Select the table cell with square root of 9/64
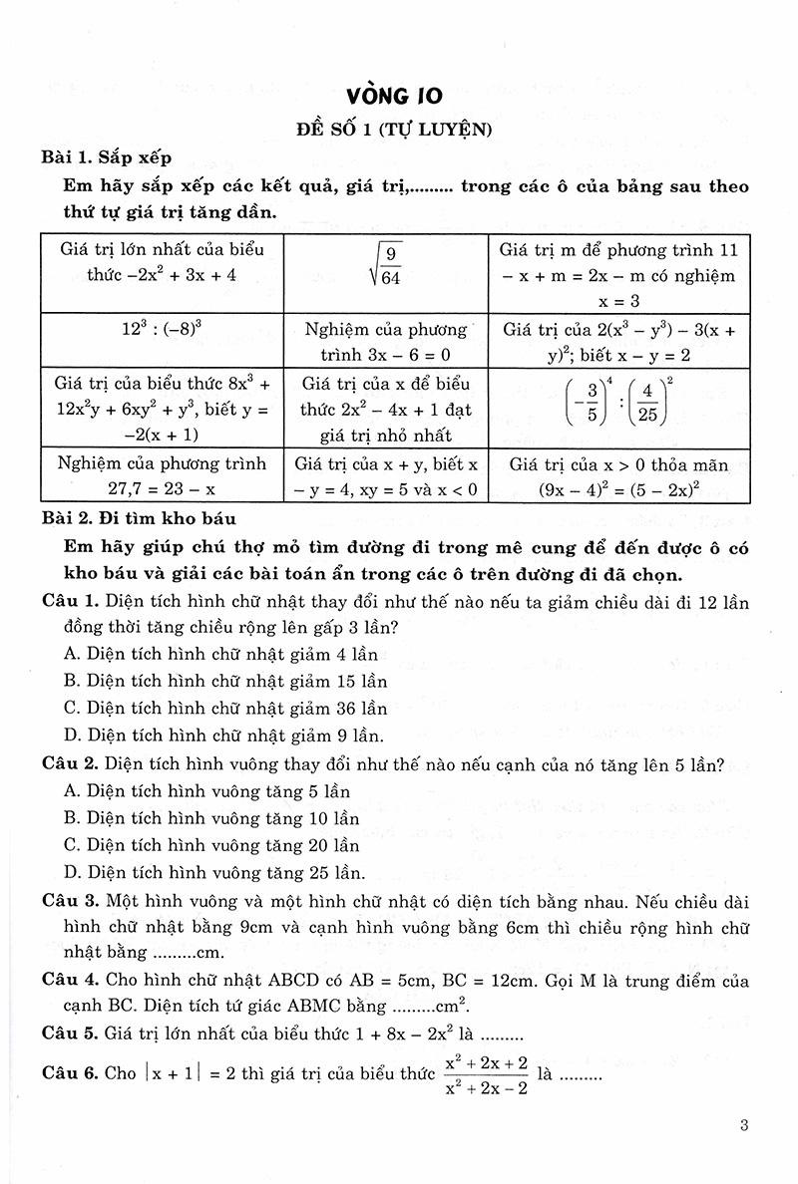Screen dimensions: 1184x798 pyautogui.click(x=387, y=262)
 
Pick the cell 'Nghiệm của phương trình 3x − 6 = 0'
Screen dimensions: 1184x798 pyautogui.click(x=387, y=341)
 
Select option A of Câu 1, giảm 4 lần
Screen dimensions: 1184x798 pyautogui.click(x=218, y=655)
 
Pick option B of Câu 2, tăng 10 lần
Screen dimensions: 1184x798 pyautogui.click(x=209, y=818)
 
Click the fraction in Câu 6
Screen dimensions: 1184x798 pyautogui.click(x=483, y=1074)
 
